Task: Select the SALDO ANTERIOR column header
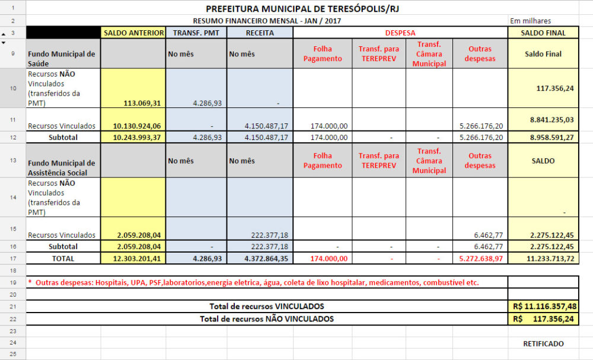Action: pos(134,33)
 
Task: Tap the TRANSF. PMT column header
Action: pos(196,33)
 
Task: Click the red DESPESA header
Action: pos(400,33)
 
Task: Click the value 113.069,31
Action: pos(142,103)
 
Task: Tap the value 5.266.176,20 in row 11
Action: pos(480,126)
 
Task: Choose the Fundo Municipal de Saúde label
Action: pos(62,58)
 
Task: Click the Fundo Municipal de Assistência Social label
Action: pos(62,168)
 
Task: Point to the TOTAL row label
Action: pos(63,259)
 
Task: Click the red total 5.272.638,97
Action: pos(480,259)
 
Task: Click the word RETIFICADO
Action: pos(543,343)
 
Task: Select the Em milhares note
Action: pos(530,21)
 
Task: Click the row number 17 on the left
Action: pos(13,259)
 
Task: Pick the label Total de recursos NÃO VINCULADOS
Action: pos(267,318)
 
